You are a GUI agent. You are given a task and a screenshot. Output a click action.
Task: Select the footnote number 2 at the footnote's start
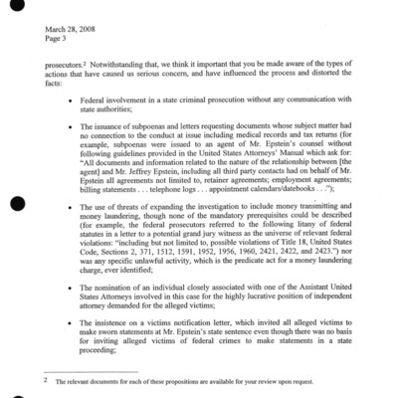(45, 379)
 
